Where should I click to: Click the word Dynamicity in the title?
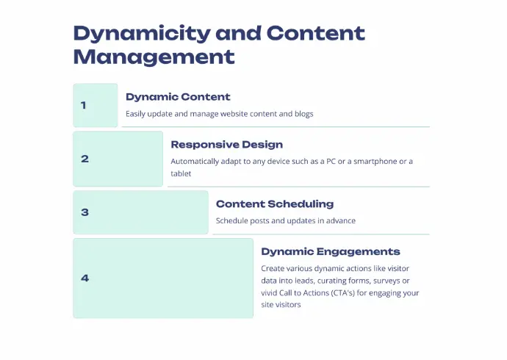pyautogui.click(x=142, y=33)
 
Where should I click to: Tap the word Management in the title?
pyautogui.click(x=154, y=57)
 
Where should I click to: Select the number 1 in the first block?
pyautogui.click(x=84, y=105)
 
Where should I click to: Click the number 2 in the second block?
pyautogui.click(x=84, y=159)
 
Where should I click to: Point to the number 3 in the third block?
pyautogui.click(x=84, y=212)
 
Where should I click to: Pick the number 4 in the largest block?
pyautogui.click(x=84, y=278)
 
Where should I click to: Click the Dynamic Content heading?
pyautogui.click(x=178, y=97)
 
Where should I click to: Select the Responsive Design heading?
pyautogui.click(x=226, y=145)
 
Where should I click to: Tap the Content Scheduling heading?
pyautogui.click(x=275, y=204)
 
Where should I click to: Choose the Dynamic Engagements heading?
pyautogui.click(x=331, y=252)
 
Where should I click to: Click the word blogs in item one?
pyautogui.click(x=304, y=114)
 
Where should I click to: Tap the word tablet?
pyautogui.click(x=181, y=173)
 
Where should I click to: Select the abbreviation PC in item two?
pyautogui.click(x=331, y=161)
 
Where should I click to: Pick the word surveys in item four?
pyautogui.click(x=386, y=281)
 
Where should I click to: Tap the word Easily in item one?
pyautogui.click(x=135, y=114)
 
